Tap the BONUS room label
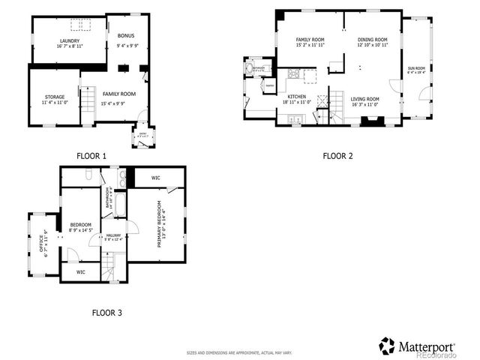[x=125, y=35]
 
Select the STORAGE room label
[x=54, y=96]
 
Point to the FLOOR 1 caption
[x=91, y=155]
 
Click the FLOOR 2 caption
[x=337, y=156]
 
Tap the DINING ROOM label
[x=372, y=39]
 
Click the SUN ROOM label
[x=416, y=68]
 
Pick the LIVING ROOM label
[x=365, y=99]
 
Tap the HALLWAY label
[x=113, y=235]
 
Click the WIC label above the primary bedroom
[x=155, y=178]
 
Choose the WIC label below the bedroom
[x=80, y=271]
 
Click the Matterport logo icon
[x=387, y=346]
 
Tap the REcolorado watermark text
[x=436, y=355]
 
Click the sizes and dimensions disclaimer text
[x=239, y=352]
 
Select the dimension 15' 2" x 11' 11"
[x=310, y=44]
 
